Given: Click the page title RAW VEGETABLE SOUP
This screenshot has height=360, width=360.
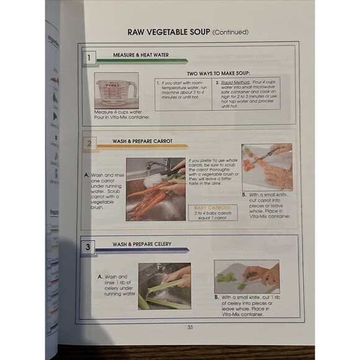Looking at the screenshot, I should [168, 32].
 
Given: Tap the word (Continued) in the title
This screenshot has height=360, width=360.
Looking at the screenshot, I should [230, 32].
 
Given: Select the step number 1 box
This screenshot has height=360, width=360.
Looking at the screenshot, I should [89, 58].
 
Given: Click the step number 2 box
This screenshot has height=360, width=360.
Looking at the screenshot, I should [89, 145].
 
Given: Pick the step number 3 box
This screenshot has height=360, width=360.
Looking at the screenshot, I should [89, 248].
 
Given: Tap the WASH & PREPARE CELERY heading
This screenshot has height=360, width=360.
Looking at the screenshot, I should [142, 245].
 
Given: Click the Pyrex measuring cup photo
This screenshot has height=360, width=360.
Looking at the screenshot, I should [116, 91].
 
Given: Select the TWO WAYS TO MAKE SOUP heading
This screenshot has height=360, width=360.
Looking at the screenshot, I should [218, 73].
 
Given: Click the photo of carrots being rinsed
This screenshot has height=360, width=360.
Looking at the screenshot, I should [156, 189].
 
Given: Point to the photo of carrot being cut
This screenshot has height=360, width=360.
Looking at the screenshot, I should [266, 167].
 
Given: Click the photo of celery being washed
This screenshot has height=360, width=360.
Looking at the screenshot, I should [164, 285].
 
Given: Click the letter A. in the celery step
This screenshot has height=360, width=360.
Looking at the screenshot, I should [100, 277].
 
